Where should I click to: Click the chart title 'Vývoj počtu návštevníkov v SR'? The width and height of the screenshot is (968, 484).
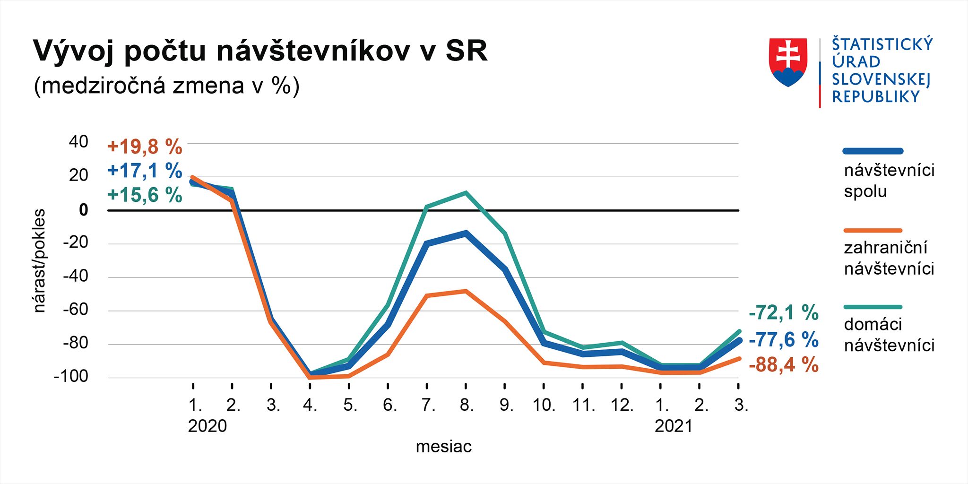pyautogui.click(x=260, y=51)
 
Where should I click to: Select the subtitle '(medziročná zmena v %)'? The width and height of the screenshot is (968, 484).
pyautogui.click(x=166, y=86)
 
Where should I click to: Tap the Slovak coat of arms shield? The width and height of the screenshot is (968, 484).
pyautogui.click(x=788, y=62)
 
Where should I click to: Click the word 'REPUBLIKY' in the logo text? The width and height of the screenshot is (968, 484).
pyautogui.click(x=876, y=97)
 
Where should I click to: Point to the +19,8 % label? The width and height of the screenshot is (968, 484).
pyautogui.click(x=145, y=147)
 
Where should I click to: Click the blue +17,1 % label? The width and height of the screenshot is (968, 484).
pyautogui.click(x=145, y=171)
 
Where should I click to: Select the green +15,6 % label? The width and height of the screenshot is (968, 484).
pyautogui.click(x=145, y=195)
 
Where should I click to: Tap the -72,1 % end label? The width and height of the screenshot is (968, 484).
pyautogui.click(x=784, y=313)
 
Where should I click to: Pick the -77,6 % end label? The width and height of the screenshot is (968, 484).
pyautogui.click(x=784, y=340)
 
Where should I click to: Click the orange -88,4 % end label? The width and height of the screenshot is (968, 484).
pyautogui.click(x=784, y=365)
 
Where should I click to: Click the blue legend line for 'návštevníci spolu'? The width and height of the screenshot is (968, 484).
pyautogui.click(x=873, y=151)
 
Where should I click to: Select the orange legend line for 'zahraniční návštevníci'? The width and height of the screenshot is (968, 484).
pyautogui.click(x=873, y=231)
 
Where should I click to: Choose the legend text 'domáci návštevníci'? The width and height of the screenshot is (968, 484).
pyautogui.click(x=889, y=335)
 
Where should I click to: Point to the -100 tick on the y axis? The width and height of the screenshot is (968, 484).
pyautogui.click(x=71, y=377)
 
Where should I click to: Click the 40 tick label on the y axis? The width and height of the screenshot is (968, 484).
pyautogui.click(x=78, y=141)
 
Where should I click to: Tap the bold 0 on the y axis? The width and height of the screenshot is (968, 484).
pyautogui.click(x=84, y=210)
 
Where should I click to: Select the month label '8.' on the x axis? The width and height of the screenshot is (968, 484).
pyautogui.click(x=467, y=405)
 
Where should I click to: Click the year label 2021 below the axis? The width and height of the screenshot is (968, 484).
pyautogui.click(x=673, y=426)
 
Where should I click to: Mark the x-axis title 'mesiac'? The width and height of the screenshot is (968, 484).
pyautogui.click(x=443, y=447)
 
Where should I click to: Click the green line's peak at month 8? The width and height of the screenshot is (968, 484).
pyautogui.click(x=466, y=193)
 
